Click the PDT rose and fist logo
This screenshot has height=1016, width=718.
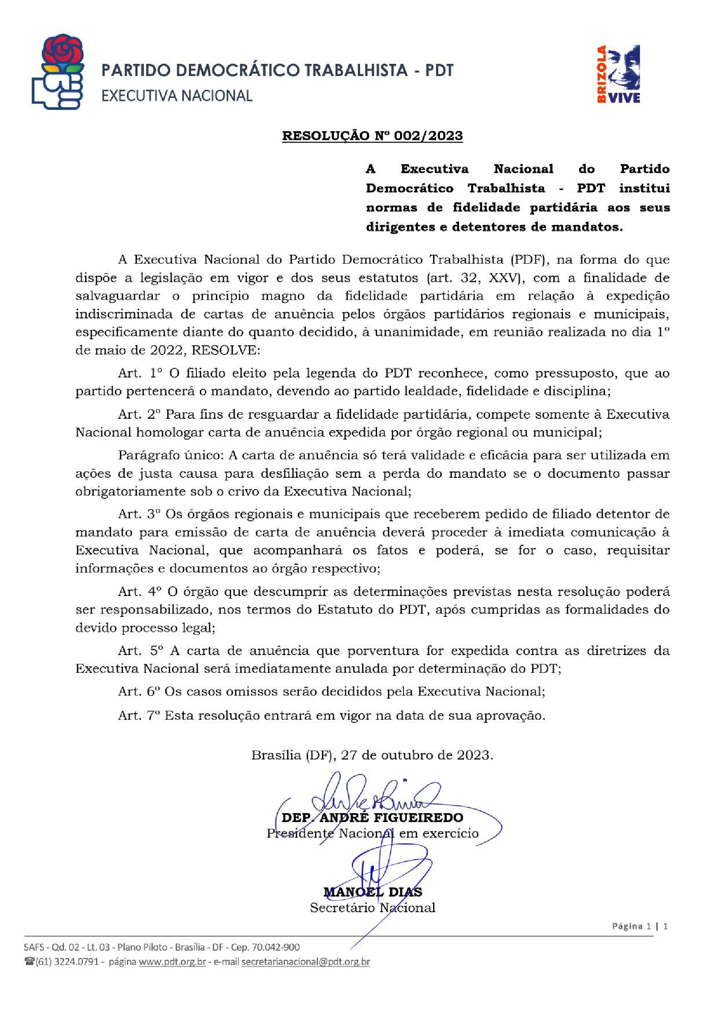pos(57,71)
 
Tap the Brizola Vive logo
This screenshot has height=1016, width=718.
pos(618,74)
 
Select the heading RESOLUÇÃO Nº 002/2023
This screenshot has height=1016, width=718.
pos(372,136)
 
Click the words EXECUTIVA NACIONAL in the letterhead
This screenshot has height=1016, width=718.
pos(177,96)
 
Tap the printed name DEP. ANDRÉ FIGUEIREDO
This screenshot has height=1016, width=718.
pos(372,817)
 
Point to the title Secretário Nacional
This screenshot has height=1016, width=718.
pos(373,908)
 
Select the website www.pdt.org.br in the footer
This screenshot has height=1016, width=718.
pos(172,962)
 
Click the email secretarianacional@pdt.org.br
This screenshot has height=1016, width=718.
pos(306,962)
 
